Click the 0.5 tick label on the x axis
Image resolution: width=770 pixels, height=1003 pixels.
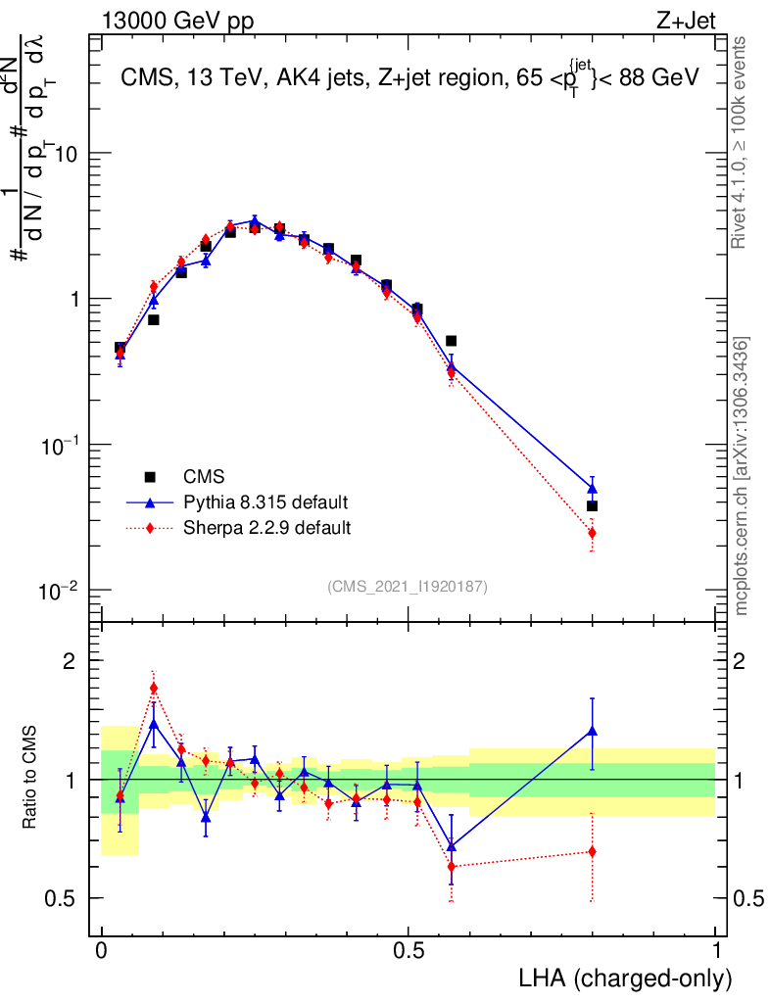pyautogui.click(x=409, y=951)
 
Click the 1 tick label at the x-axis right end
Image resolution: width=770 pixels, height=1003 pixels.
pyautogui.click(x=716, y=951)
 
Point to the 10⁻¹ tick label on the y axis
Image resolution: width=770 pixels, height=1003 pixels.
pyautogui.click(x=65, y=446)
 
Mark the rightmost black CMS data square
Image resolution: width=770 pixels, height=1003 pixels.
pyautogui.click(x=592, y=506)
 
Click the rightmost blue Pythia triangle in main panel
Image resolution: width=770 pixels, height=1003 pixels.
pyautogui.click(x=592, y=488)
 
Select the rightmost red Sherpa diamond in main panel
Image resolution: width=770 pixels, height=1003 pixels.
pyautogui.click(x=592, y=533)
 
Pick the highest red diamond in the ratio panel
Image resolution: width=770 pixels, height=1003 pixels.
pyautogui.click(x=154, y=688)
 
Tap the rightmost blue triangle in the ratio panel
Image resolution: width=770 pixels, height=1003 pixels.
pyautogui.click(x=592, y=730)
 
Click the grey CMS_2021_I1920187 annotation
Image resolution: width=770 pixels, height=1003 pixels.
pyautogui.click(x=409, y=586)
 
